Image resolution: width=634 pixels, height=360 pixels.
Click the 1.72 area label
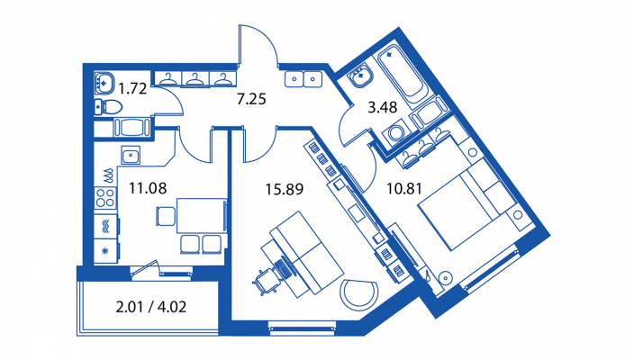(132, 89)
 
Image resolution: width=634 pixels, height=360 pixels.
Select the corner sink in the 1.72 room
(101, 78)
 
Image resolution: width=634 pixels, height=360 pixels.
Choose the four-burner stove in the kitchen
(105, 195)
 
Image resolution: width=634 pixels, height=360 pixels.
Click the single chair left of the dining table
(165, 216)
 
